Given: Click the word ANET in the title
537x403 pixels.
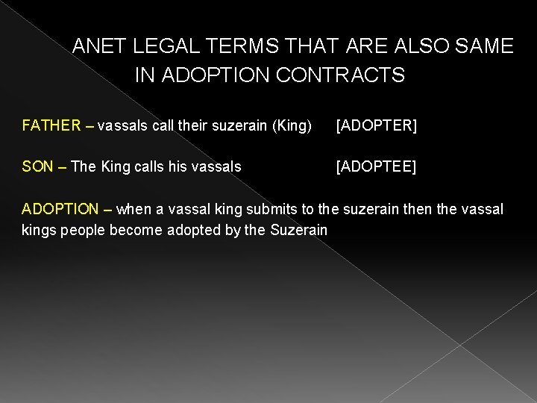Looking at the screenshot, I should coord(100,47).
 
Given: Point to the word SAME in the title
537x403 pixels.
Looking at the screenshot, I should coord(485,47).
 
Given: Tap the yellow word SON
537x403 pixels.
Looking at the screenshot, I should coord(37,166).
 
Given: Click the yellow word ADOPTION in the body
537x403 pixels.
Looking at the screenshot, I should coord(60,208).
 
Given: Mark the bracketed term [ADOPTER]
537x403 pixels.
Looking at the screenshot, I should coord(376,125).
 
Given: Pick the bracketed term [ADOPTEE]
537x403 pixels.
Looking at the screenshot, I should coord(376,166).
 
